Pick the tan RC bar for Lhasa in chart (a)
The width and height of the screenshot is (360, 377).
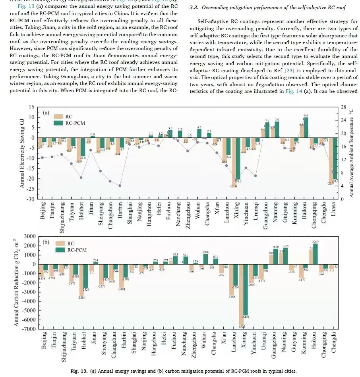pyautogui.click(x=331, y=160)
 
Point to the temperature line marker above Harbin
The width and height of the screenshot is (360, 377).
pyautogui.click(x=120, y=186)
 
